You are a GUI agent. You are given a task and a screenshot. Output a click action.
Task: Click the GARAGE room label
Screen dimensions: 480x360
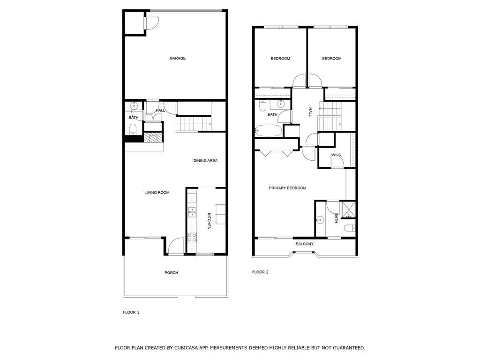point(178,58)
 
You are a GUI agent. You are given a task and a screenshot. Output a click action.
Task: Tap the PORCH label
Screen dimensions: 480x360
point(171,272)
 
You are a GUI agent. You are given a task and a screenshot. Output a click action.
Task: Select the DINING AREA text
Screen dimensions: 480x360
point(205,160)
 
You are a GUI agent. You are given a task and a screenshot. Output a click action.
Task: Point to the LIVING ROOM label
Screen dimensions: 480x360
point(157,193)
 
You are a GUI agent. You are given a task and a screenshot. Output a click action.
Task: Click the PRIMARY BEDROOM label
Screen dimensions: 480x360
point(287,188)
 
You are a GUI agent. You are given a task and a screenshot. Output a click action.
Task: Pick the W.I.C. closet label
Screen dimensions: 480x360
point(337,155)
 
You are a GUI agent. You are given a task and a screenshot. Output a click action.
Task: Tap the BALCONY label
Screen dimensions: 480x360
point(305,244)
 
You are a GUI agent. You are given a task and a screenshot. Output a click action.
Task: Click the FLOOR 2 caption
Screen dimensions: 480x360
point(260,272)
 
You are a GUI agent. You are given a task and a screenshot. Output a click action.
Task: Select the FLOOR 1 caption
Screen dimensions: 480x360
point(131,312)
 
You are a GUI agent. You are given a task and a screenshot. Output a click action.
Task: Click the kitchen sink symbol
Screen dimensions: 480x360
point(192,211)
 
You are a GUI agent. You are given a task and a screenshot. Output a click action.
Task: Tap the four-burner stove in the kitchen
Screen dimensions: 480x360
point(192,238)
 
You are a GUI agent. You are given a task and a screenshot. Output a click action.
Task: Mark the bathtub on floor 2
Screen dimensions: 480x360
point(269,131)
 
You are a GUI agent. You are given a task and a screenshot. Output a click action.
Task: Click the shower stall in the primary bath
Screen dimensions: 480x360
point(349,210)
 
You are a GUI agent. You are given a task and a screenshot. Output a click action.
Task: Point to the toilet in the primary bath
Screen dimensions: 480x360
point(350,228)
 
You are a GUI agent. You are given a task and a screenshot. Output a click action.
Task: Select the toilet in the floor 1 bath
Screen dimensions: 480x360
point(133,129)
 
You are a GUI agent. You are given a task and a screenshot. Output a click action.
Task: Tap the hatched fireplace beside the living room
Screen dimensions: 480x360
point(153,137)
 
